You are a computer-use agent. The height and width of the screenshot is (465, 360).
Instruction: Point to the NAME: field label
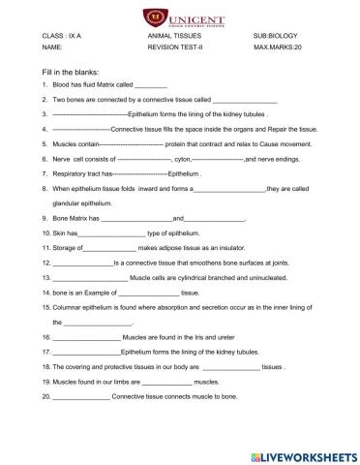(x=53, y=46)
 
